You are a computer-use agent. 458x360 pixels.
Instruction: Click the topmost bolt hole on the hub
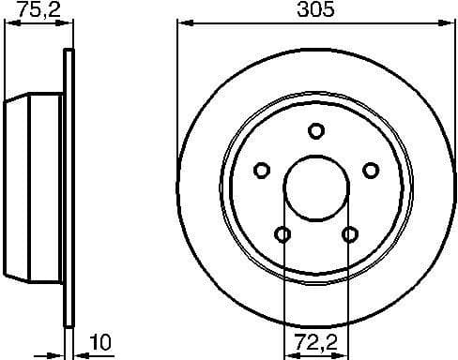pos(316,131)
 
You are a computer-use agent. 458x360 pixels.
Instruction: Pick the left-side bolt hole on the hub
pos(262,170)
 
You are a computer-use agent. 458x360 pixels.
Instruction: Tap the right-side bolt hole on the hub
pos(371,170)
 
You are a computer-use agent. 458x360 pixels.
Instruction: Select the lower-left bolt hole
pos(282,233)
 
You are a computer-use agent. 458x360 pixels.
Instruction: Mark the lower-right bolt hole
pos(350,233)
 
